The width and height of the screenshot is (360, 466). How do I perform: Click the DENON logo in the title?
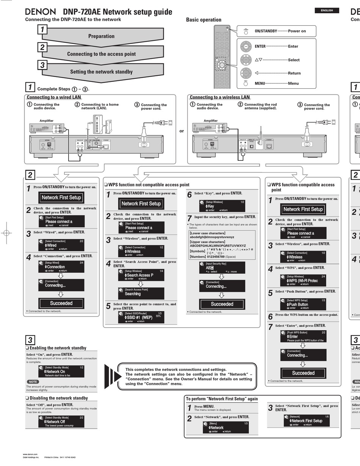click(40, 12)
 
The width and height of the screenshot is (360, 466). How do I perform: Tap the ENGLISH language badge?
click(327, 11)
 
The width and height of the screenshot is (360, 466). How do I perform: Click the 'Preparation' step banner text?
click(101, 36)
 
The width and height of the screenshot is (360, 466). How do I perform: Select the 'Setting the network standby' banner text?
click(101, 72)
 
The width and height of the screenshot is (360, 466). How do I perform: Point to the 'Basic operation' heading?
click(203, 20)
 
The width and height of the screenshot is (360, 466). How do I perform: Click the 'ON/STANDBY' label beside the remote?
click(266, 31)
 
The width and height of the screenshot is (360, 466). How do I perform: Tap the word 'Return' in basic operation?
click(294, 73)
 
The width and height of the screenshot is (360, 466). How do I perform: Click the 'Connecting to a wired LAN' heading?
click(54, 97)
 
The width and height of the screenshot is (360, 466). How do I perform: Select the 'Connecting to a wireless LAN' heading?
click(219, 97)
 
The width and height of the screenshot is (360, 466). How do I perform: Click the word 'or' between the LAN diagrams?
click(182, 131)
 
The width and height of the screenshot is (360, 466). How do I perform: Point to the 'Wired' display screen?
click(61, 245)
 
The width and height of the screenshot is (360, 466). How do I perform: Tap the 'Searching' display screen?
click(141, 293)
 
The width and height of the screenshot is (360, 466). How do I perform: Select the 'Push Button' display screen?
click(303, 304)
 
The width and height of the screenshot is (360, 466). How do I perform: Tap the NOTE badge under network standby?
click(33, 382)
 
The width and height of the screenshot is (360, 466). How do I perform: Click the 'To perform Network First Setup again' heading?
click(222, 399)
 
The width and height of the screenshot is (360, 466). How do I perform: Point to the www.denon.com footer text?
click(30, 454)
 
